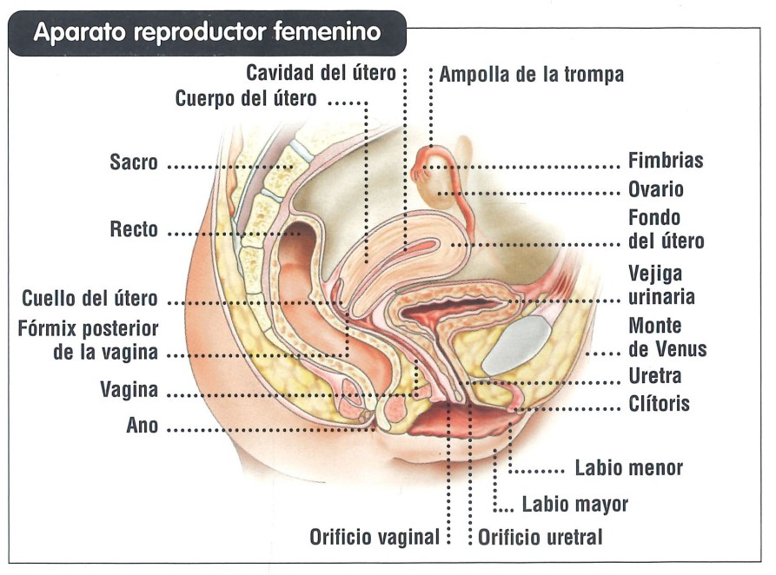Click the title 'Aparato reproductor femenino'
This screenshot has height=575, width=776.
tap(207, 32)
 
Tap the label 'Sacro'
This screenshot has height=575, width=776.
tap(134, 162)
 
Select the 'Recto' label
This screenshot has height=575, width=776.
tap(134, 229)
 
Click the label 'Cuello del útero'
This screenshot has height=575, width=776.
tap(90, 299)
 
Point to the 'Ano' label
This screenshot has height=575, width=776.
tap(142, 426)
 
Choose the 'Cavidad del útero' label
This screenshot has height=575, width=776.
tap(322, 73)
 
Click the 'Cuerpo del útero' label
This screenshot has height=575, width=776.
tap(246, 98)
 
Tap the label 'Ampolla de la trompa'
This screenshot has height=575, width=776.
tap(532, 75)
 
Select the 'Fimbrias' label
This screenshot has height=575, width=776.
tap(666, 161)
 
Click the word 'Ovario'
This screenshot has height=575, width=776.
tap(656, 189)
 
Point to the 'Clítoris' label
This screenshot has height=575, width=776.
tap(659, 404)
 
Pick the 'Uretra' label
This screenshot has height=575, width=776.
tap(654, 376)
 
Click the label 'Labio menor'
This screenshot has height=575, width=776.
tap(628, 468)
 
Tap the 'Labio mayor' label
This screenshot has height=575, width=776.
tap(575, 505)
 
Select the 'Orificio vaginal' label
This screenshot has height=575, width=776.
tap(375, 538)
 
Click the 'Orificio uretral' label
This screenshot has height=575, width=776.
tap(540, 538)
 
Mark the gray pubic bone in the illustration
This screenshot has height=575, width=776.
tap(517, 345)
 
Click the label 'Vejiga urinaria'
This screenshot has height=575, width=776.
tap(661, 285)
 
